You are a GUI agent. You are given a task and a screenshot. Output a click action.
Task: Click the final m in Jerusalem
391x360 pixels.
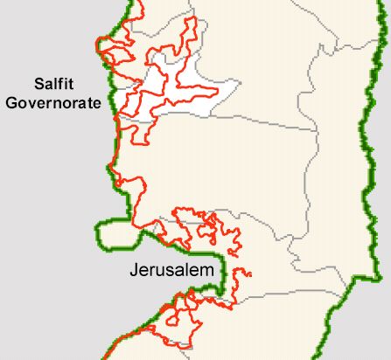point(207,272)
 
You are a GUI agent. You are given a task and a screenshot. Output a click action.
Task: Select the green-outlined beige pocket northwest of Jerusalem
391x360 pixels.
point(114,234)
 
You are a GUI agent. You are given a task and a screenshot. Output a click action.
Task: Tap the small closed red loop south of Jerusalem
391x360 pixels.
point(184,306)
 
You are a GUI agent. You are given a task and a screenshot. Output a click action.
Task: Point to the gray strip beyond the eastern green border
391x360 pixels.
point(381,175)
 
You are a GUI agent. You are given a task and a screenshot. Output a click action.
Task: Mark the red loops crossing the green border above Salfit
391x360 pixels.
point(109,48)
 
